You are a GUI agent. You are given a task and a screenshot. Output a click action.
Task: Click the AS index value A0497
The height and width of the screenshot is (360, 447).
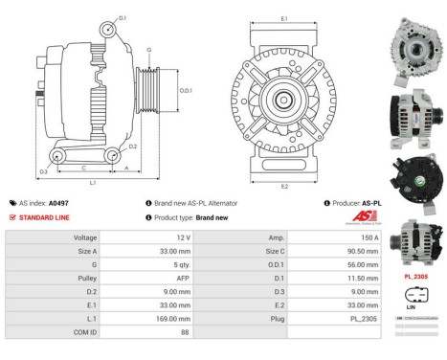[x=58, y=203]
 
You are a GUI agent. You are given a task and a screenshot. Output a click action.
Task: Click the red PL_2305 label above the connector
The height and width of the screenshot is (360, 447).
[x=417, y=275]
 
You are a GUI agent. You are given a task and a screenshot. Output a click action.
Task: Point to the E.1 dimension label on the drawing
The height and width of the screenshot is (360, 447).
[x=284, y=18]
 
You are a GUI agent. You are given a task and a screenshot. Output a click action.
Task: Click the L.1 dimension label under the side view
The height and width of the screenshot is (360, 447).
[x=92, y=182]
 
